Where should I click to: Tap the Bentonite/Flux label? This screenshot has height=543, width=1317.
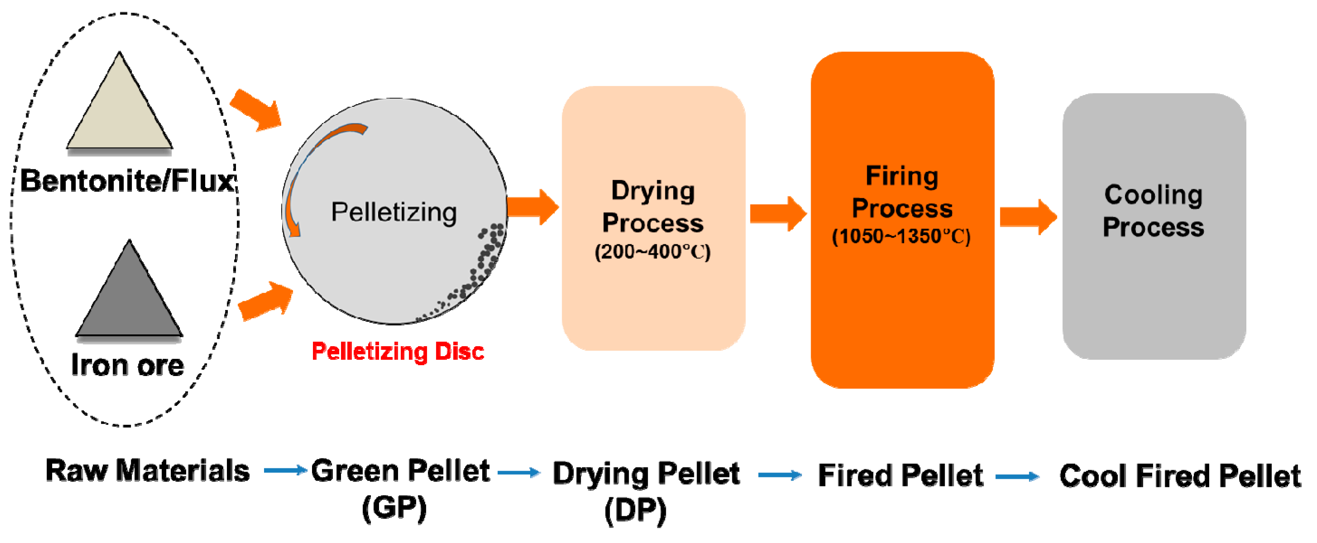(x=128, y=181)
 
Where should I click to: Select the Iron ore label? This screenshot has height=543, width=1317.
(x=127, y=365)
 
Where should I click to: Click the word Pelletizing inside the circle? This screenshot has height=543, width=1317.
(x=394, y=212)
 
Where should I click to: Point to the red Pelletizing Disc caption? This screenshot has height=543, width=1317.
(x=398, y=352)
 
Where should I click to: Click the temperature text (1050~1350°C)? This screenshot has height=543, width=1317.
(x=901, y=237)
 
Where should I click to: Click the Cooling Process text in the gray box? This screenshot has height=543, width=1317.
(x=1154, y=210)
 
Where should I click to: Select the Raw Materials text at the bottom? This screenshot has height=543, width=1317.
(x=148, y=471)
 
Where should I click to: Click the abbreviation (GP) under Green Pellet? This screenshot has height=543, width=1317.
(x=394, y=508)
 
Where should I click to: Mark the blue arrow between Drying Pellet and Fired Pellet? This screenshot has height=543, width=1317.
(x=780, y=476)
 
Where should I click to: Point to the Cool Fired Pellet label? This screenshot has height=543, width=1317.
(x=1180, y=476)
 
